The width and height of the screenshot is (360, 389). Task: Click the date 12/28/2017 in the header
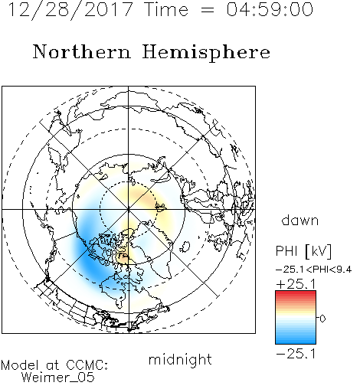click(x=70, y=10)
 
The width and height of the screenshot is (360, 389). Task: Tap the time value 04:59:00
click(x=270, y=9)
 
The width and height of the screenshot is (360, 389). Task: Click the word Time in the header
click(x=166, y=9)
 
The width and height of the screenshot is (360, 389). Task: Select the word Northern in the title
click(x=82, y=51)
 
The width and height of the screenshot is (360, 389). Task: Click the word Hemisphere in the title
click(x=206, y=53)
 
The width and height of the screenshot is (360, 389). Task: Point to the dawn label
click(x=300, y=220)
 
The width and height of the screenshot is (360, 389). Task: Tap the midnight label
click(x=180, y=360)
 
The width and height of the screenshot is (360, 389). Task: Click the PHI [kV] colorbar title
click(x=303, y=251)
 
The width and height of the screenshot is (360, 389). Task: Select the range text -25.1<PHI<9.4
click(x=314, y=270)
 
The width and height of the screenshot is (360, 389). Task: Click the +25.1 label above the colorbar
click(x=296, y=284)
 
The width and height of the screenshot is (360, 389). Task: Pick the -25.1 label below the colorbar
click(x=296, y=354)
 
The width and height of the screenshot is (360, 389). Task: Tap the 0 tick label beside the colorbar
click(x=322, y=319)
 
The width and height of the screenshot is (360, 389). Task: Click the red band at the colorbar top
click(x=296, y=295)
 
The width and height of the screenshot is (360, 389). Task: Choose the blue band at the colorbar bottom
click(x=296, y=339)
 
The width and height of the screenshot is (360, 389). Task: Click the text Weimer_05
click(x=57, y=378)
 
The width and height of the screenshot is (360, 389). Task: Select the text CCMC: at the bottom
click(x=87, y=365)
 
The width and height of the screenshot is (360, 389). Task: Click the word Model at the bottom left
click(x=20, y=365)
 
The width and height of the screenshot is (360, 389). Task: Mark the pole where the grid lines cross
click(x=129, y=209)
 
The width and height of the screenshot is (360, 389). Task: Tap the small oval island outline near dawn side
click(x=185, y=247)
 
